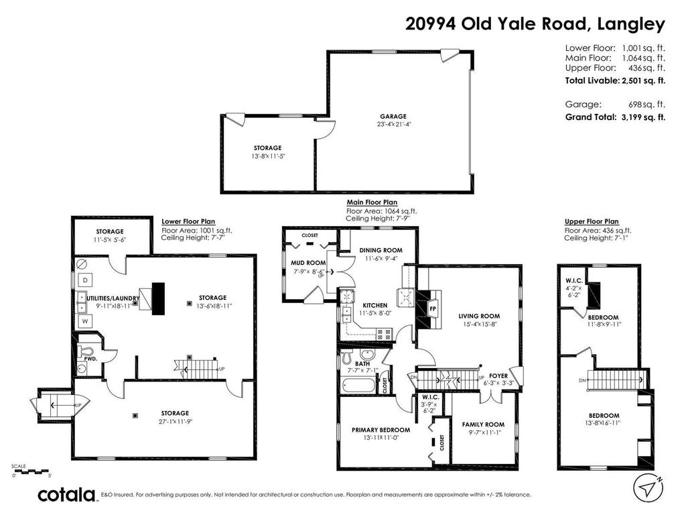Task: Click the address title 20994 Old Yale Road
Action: click(x=535, y=24)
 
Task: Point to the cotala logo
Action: click(x=66, y=496)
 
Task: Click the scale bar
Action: click(x=31, y=471)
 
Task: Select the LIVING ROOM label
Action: click(x=479, y=316)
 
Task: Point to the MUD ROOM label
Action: click(x=307, y=263)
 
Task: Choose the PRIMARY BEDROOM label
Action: click(x=381, y=430)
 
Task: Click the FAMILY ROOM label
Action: click(x=483, y=424)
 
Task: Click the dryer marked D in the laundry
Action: click(x=85, y=279)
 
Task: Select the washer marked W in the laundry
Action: click(x=85, y=321)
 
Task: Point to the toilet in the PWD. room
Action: click(x=86, y=352)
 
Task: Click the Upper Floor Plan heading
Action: click(x=592, y=221)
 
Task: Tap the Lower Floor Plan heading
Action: click(x=188, y=221)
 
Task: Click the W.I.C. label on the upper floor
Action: click(x=573, y=281)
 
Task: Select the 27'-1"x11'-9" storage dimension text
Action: click(x=165, y=422)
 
